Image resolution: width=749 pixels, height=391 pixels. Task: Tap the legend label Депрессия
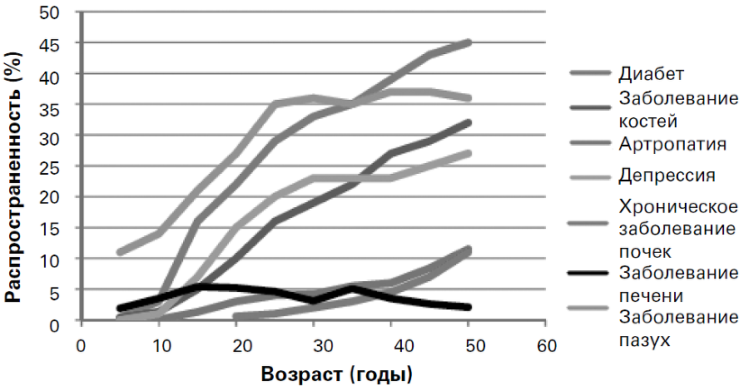point(667,176)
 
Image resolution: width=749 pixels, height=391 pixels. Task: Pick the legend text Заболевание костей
point(678,109)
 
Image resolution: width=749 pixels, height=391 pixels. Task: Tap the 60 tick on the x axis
point(546,343)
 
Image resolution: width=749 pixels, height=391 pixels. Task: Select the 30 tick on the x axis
point(313,343)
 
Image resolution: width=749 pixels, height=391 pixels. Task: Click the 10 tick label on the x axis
point(158,343)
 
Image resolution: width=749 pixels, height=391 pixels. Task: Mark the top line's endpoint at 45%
point(469,42)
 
